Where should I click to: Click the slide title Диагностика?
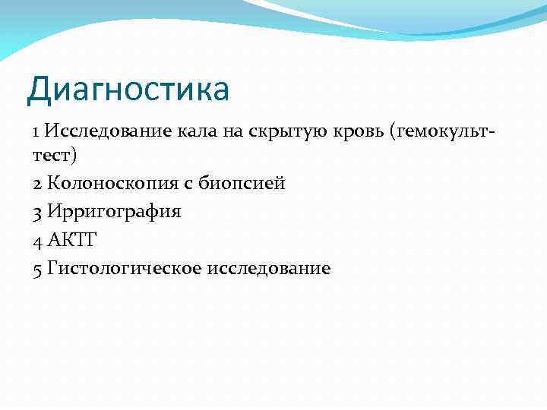(128, 90)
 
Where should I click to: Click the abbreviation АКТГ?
(72, 241)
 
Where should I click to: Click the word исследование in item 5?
(267, 269)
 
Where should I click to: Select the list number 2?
(37, 184)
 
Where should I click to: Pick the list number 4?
(37, 241)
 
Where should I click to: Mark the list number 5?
(37, 269)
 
